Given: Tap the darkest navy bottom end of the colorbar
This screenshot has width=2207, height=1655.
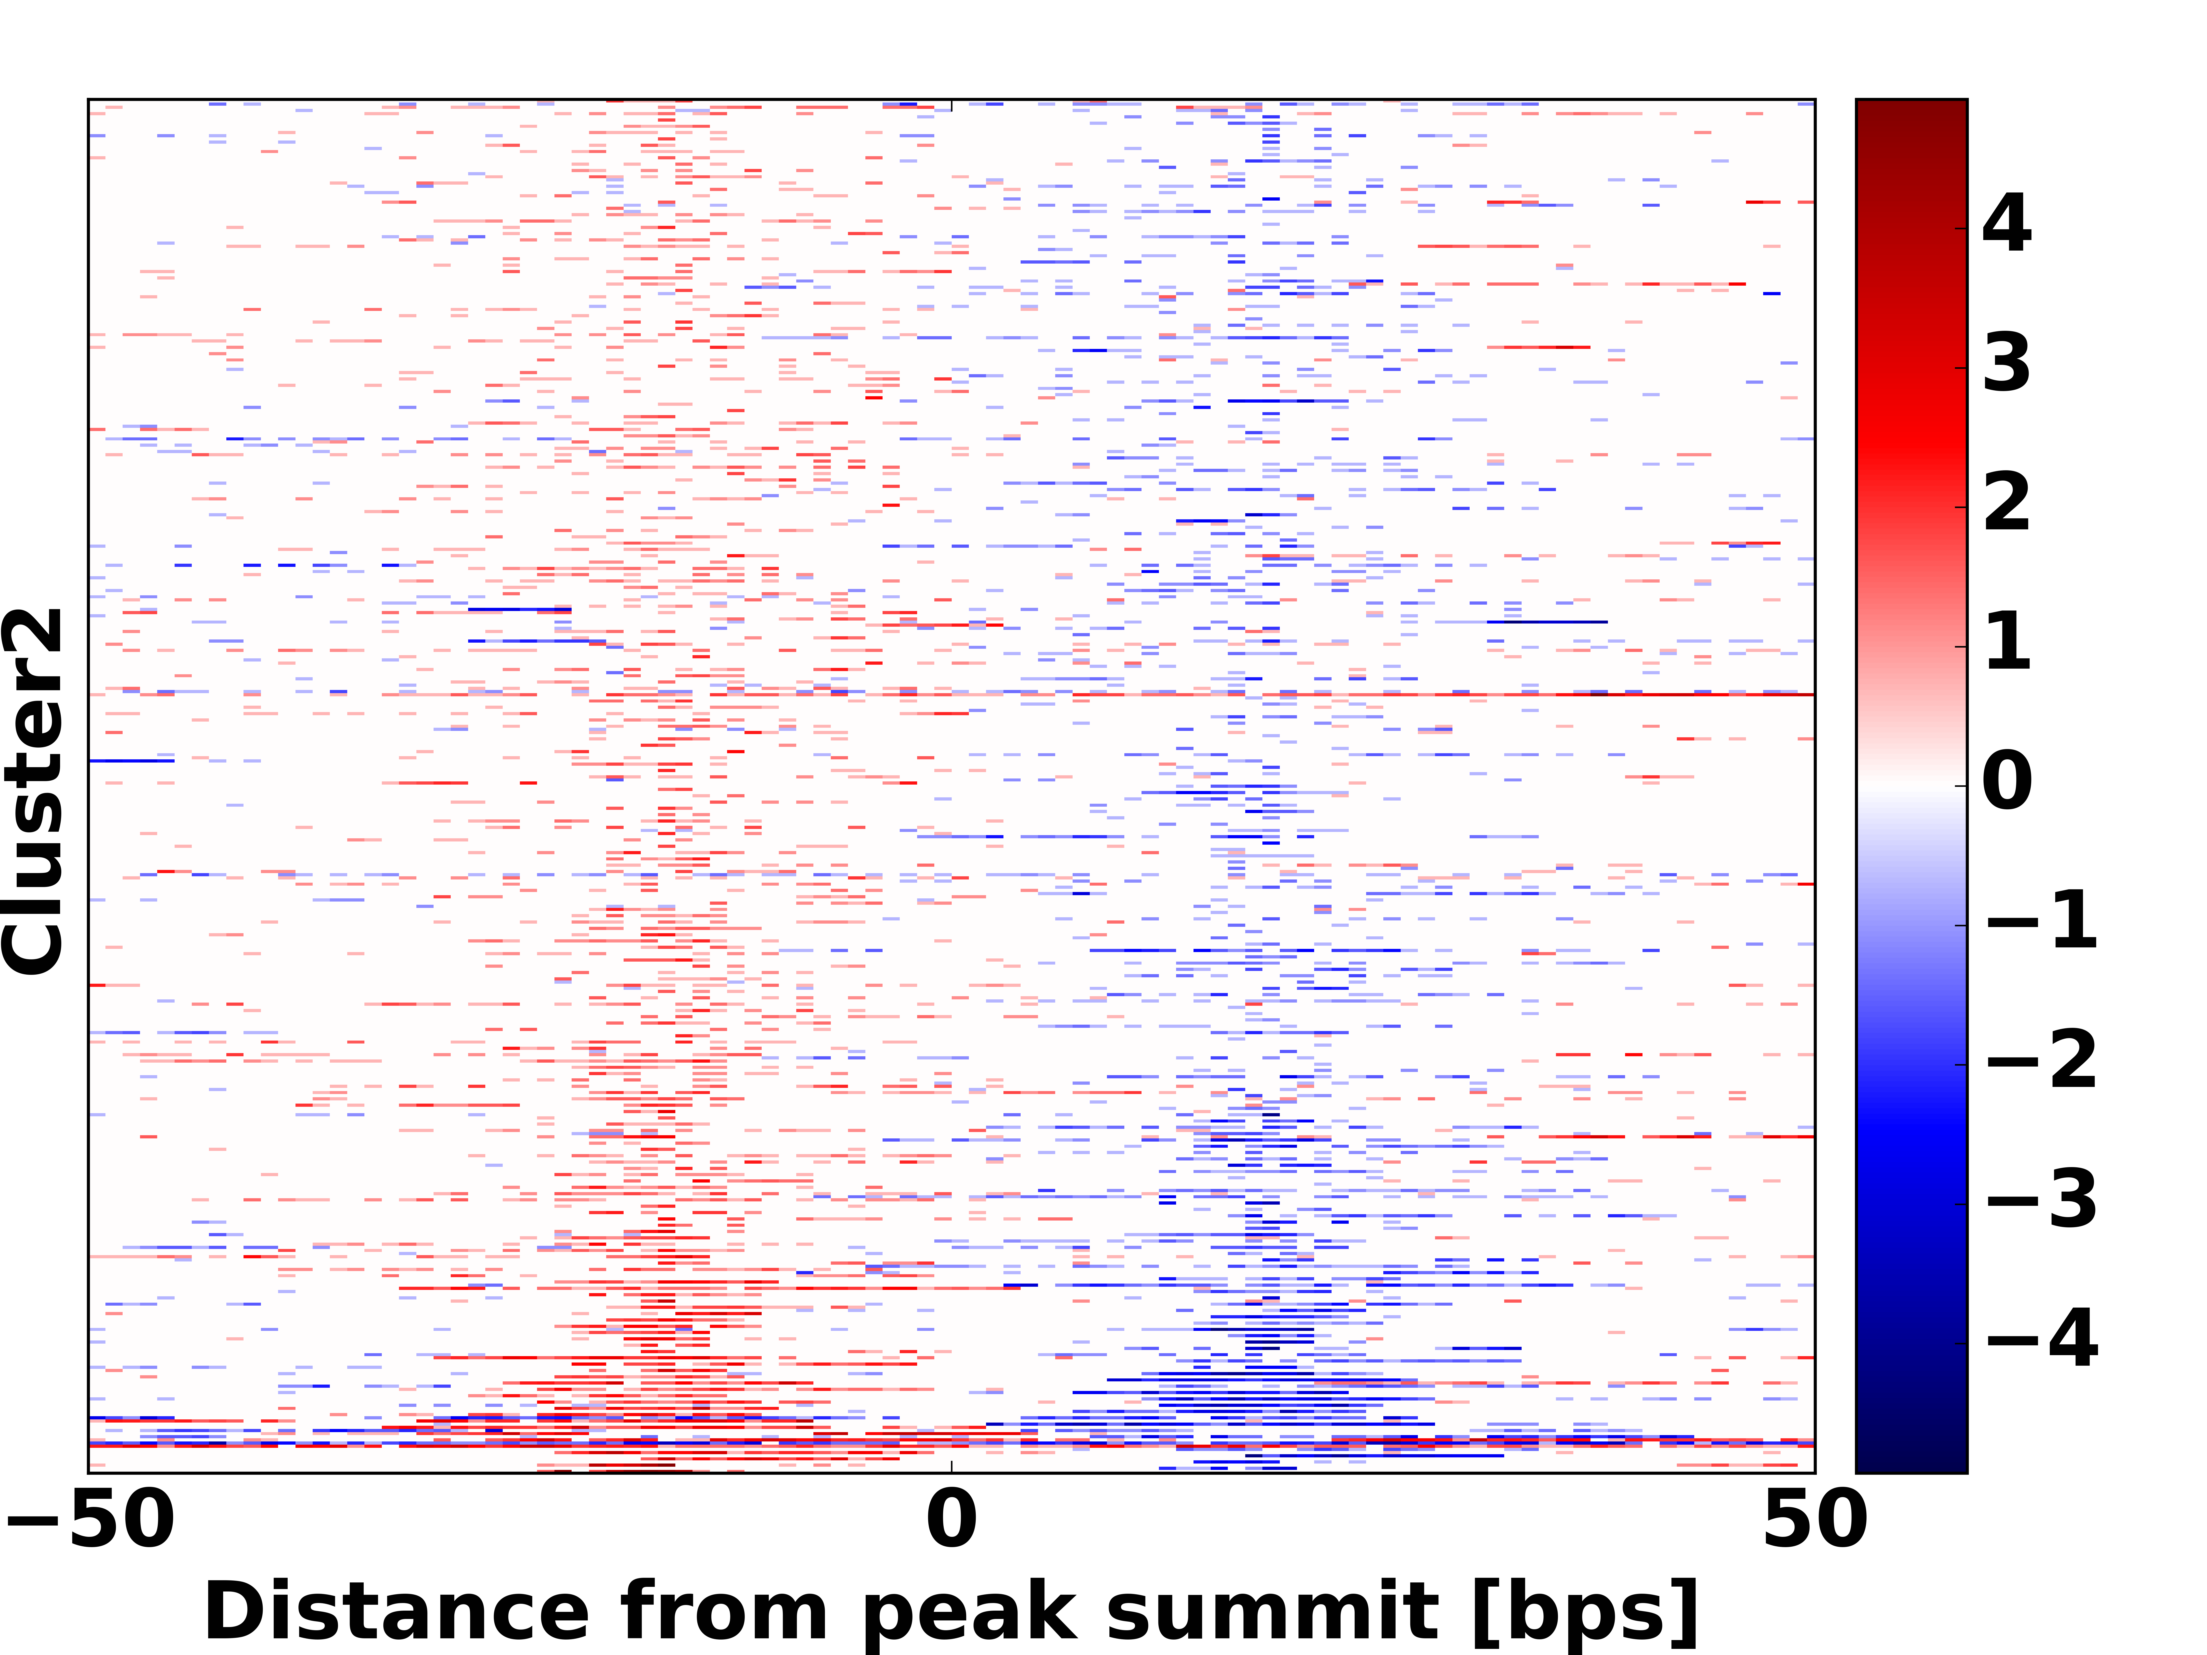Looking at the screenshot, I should tap(1911, 1464).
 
